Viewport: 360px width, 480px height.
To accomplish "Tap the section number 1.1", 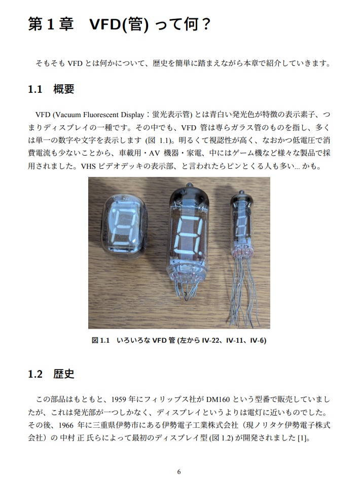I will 34,89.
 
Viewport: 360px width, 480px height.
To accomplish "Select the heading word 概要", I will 64,89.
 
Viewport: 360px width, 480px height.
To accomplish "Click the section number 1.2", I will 34,375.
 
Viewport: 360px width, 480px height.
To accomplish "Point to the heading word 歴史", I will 64,375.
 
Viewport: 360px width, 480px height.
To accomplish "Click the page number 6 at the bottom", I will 179,471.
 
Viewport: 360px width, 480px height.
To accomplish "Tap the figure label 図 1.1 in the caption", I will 101,341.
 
